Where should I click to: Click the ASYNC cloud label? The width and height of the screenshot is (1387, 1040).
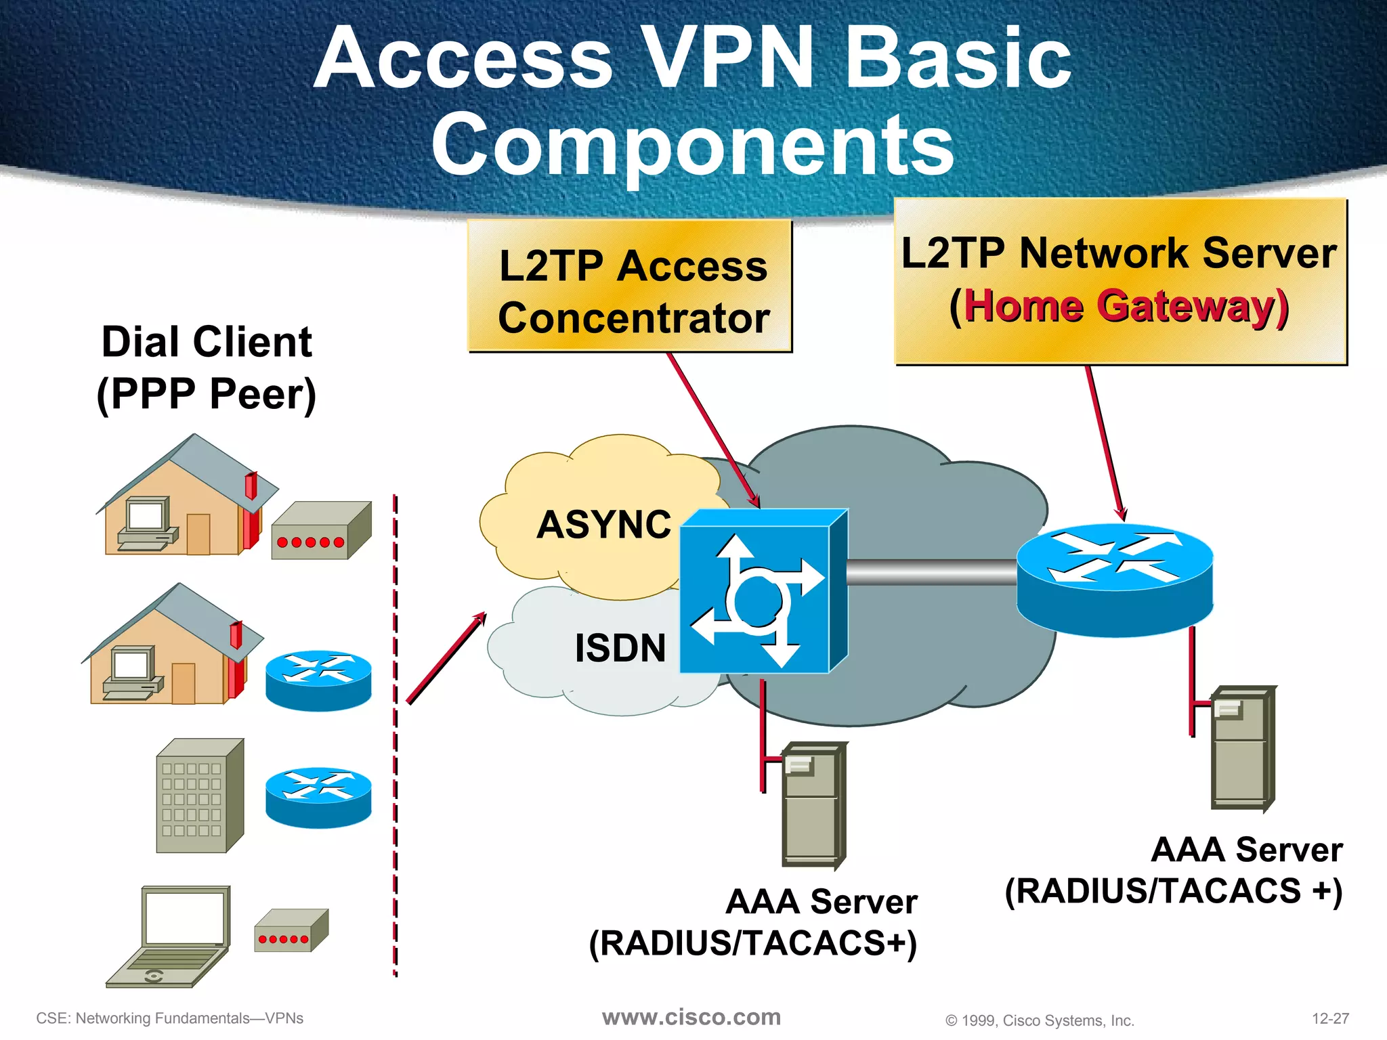point(603,525)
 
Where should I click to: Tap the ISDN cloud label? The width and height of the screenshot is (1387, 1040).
point(620,648)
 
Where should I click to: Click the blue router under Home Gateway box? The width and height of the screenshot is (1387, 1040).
point(1115,580)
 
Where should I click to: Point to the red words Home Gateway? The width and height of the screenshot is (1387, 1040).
point(1124,307)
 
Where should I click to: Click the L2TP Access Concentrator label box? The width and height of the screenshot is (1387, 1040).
point(631,286)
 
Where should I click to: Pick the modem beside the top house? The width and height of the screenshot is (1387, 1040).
point(320,530)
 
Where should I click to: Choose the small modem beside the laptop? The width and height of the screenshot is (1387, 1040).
point(291,931)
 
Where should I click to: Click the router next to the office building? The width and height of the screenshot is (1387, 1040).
point(318,798)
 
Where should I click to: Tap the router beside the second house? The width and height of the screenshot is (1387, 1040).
point(318,680)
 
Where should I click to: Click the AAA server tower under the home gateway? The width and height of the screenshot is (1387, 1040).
point(1242,747)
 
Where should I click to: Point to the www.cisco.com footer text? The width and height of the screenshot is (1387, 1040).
point(691,1017)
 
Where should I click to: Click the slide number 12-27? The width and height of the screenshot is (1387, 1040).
point(1330,1018)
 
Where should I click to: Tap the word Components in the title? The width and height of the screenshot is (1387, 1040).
point(692,144)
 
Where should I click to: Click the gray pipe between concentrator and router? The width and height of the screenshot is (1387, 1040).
point(931,573)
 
